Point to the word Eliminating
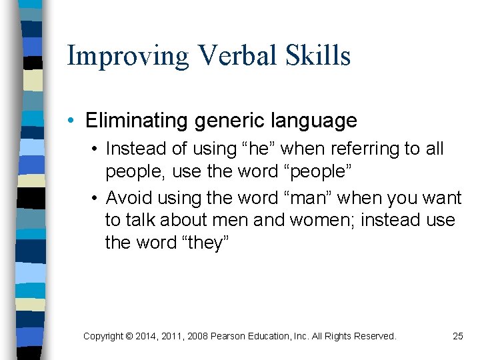point(137,121)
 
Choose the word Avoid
point(127,198)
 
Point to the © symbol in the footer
point(129,336)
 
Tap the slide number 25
point(458,336)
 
